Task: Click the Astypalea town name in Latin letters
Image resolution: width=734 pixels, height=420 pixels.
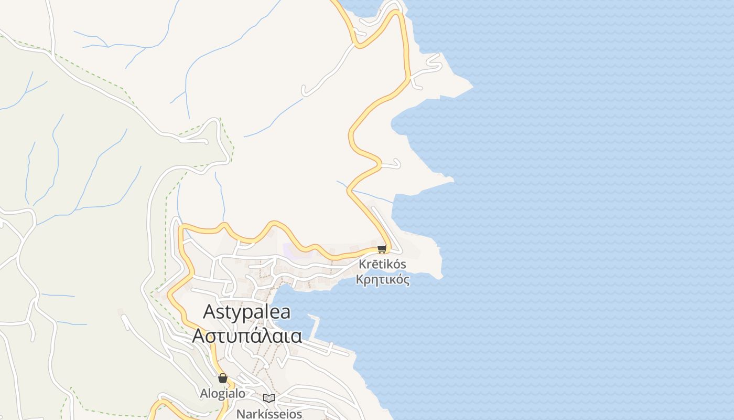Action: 246,312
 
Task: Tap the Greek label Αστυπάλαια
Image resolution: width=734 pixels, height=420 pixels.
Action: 247,335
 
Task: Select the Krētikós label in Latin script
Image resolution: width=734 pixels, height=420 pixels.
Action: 382,264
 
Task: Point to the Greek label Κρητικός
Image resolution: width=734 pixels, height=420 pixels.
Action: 382,279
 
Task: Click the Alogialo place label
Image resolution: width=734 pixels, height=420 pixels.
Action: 222,393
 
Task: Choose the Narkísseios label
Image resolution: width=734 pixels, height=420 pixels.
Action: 269,414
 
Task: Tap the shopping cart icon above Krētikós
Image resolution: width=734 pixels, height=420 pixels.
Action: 382,249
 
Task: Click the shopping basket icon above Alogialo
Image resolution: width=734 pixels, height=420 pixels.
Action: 222,378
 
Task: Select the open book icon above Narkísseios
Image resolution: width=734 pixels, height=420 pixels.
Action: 269,398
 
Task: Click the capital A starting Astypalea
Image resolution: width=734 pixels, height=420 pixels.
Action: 209,312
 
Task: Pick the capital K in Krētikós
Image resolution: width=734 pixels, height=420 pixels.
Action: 362,264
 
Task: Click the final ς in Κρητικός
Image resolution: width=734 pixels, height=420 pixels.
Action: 406,280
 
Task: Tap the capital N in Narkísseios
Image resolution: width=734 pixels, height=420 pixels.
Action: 240,414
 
